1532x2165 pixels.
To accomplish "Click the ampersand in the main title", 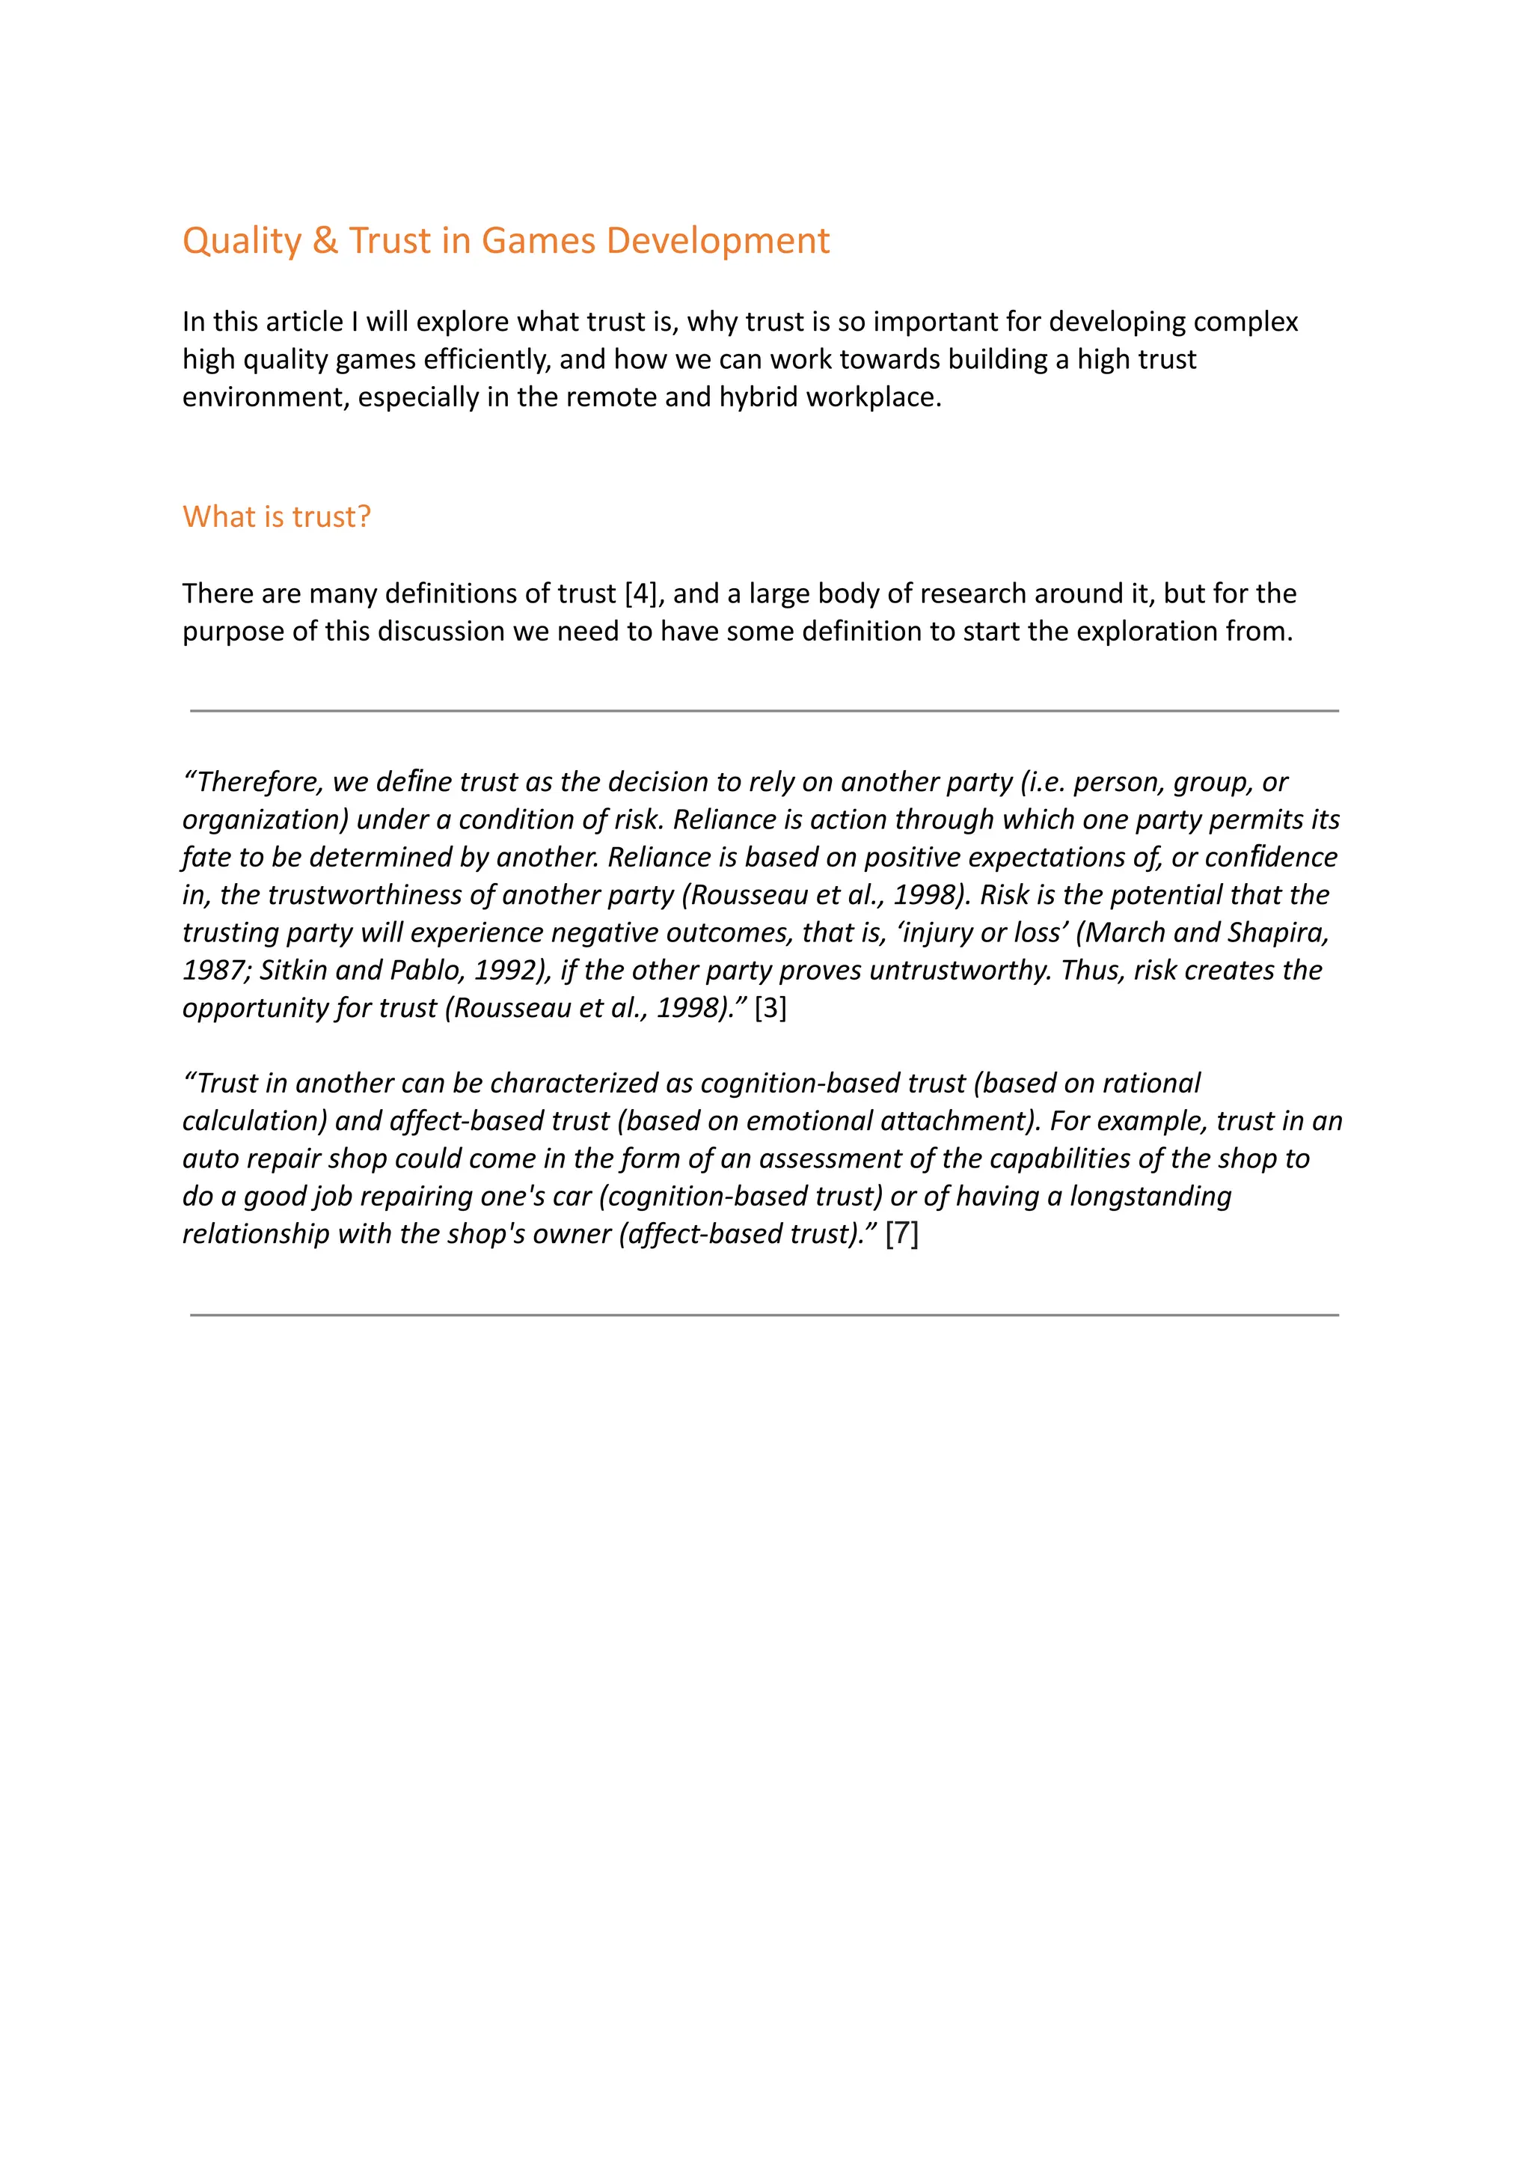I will point(325,241).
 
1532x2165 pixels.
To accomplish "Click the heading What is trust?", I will point(276,516).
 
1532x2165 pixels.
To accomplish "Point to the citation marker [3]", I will point(770,1008).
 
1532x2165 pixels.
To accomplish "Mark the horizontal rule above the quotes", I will point(764,711).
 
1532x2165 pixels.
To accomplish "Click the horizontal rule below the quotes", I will point(764,1315).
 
